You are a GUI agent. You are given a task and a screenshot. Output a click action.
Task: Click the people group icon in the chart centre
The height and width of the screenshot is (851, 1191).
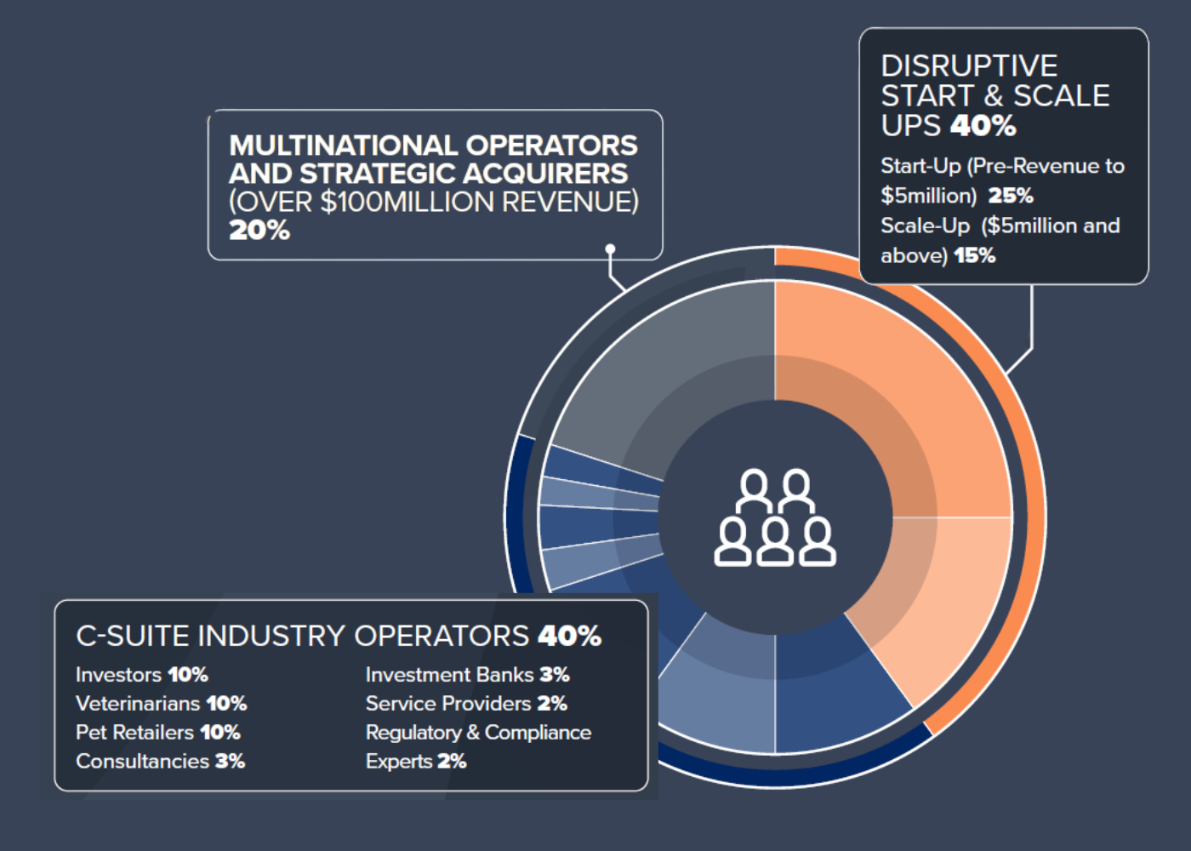pos(774,517)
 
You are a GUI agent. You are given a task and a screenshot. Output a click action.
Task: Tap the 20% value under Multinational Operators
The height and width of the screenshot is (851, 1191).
pos(259,231)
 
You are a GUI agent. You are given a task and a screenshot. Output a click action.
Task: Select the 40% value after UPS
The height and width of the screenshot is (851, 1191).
pos(984,126)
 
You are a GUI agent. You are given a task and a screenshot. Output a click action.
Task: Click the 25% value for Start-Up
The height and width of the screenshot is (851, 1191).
pos(1011,196)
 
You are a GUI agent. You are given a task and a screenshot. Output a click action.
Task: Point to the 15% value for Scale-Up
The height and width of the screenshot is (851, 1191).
pos(975,255)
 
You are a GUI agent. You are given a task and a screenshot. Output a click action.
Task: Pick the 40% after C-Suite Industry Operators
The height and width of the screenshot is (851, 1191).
pos(569,636)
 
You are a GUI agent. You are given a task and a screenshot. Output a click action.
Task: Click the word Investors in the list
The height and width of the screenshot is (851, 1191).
pos(118,675)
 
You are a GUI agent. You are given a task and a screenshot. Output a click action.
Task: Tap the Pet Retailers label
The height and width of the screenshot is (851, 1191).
pos(134,733)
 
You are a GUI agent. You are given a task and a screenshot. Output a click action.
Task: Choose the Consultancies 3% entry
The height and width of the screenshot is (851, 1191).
pos(160,762)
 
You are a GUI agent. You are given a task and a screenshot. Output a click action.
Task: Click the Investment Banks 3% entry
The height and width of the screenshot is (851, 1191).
pos(467,675)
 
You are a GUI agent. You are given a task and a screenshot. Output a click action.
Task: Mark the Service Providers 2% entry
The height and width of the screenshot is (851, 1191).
pos(466,704)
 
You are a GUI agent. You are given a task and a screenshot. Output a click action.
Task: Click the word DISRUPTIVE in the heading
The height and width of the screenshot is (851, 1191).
pos(969,66)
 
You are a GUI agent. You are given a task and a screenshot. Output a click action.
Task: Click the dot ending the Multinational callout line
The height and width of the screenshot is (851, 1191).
pos(610,249)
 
